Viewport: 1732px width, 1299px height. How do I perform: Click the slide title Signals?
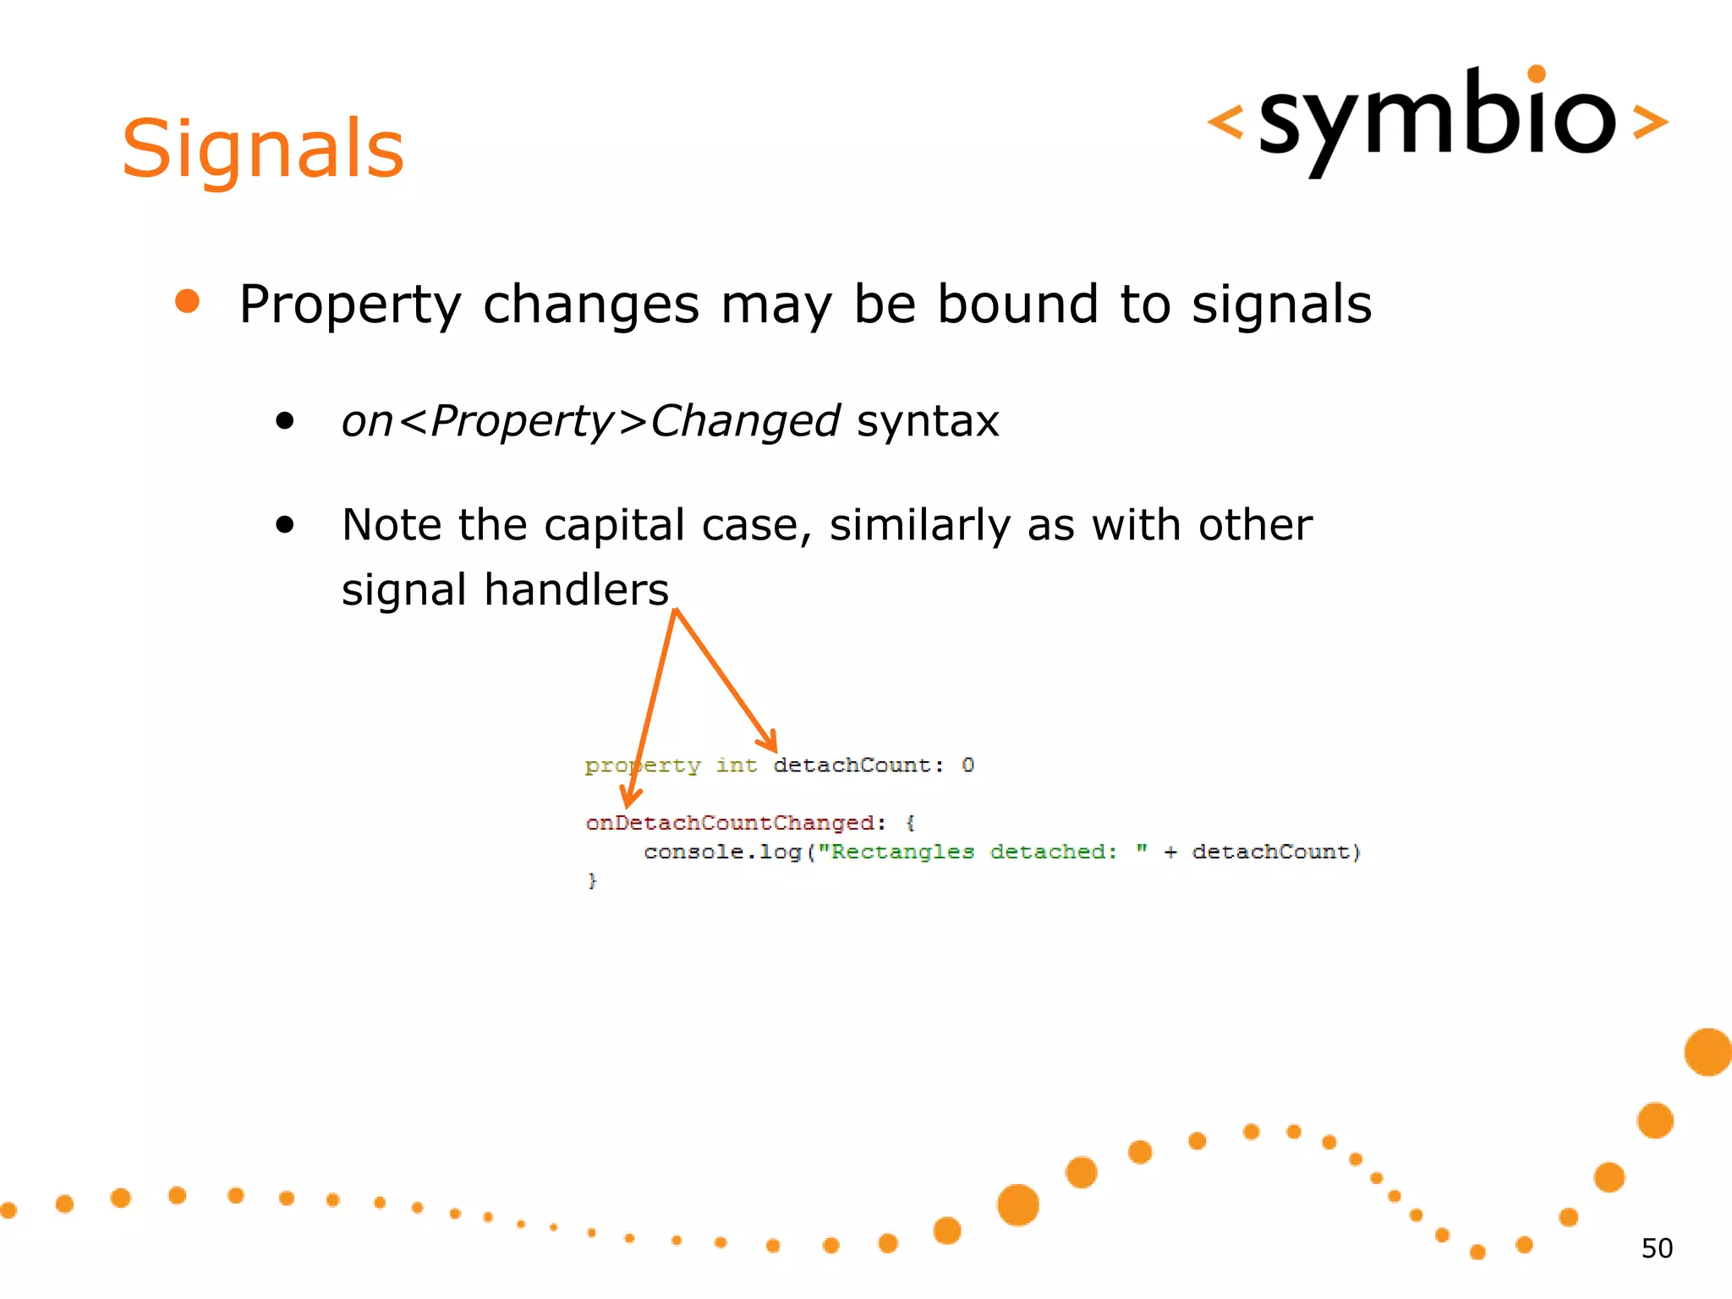[x=263, y=150]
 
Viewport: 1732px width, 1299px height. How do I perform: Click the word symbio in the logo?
[x=1437, y=118]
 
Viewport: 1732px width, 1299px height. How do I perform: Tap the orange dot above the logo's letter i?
[x=1537, y=74]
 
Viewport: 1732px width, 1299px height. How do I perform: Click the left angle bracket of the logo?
[x=1225, y=122]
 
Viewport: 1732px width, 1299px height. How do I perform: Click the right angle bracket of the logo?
[x=1650, y=122]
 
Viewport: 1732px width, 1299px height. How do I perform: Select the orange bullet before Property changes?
[x=187, y=301]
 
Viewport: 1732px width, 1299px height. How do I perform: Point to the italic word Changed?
[x=744, y=421]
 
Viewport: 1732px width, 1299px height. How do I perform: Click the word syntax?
[x=928, y=421]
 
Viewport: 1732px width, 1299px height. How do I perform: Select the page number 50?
[x=1656, y=1248]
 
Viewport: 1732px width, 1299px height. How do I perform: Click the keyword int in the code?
[x=736, y=765]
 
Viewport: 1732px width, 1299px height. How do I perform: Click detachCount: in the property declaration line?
[x=858, y=765]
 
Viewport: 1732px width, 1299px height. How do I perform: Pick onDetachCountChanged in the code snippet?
[x=730, y=823]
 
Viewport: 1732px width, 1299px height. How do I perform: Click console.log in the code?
[x=722, y=852]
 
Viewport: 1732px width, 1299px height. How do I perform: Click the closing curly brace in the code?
[x=592, y=880]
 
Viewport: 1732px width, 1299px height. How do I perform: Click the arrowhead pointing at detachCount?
[x=769, y=743]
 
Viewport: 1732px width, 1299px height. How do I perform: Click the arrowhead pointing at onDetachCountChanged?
[x=629, y=797]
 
